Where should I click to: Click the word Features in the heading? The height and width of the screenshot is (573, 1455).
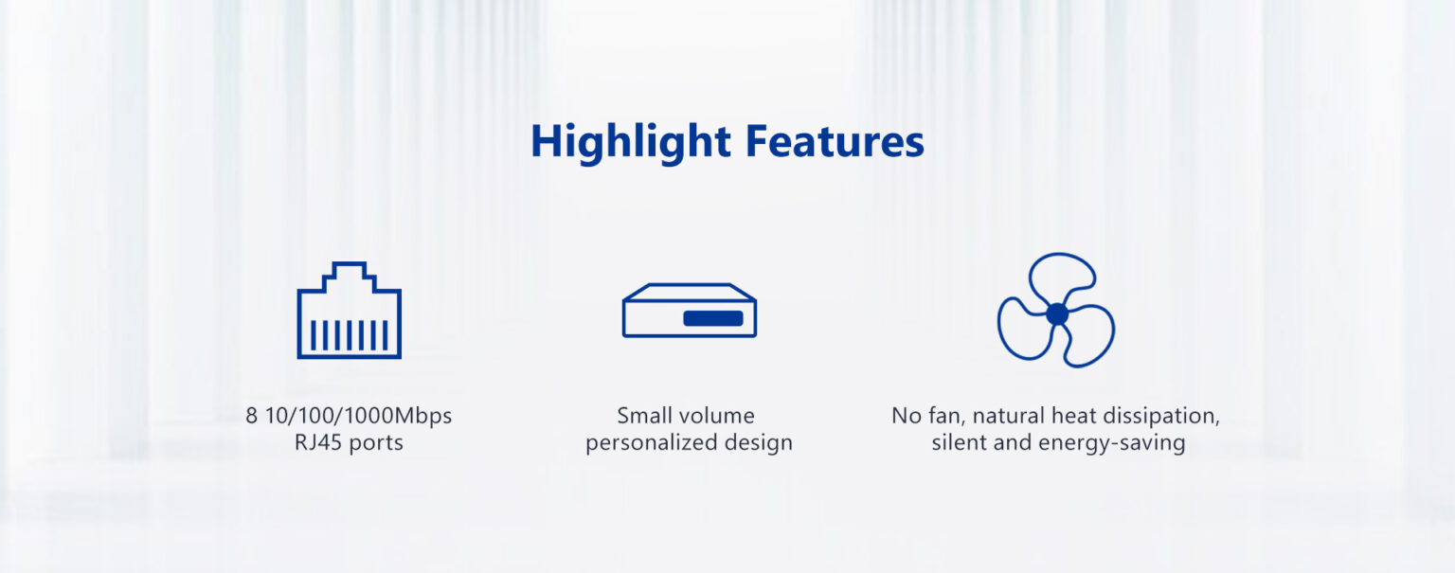point(835,141)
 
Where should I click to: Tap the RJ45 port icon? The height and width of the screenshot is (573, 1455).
point(350,310)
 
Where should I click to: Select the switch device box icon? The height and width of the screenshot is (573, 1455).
point(690,311)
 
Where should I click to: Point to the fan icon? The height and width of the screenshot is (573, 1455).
point(1056,310)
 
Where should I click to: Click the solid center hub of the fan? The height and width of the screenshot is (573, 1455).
point(1057,313)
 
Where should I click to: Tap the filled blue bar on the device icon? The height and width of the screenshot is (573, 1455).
point(713,318)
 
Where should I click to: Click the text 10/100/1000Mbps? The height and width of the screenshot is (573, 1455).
point(359,416)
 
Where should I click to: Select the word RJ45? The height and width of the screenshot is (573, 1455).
point(317,442)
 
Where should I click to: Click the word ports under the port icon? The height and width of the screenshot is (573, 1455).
point(376,443)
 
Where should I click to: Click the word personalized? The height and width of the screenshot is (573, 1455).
point(652,443)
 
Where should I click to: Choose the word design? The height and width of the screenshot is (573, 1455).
point(759,443)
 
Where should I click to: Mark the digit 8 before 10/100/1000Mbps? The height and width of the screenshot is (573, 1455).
point(251,416)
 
